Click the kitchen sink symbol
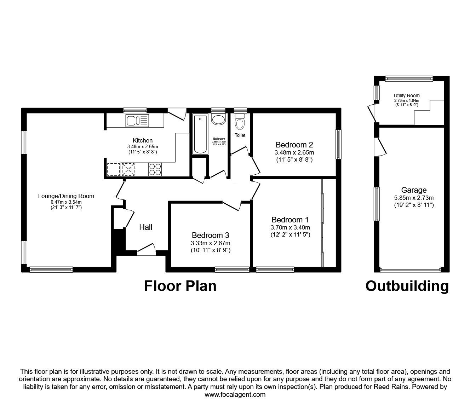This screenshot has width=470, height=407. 137,121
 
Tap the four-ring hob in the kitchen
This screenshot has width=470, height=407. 155,169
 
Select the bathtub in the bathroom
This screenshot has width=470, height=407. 200,134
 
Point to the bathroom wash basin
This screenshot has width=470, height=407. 218,119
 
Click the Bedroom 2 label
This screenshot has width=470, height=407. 294,145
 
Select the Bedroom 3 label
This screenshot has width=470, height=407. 210,235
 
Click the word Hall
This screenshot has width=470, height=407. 145,227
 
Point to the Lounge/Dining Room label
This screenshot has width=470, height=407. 66,196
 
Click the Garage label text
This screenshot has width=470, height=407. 414,190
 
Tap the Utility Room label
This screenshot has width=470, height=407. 407,95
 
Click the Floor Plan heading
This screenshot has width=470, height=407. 180,286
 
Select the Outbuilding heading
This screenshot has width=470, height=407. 407,286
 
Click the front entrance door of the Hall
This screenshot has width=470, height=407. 146,250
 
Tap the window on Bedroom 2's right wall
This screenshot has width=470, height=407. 339,144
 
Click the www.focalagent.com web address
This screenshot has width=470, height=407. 235,395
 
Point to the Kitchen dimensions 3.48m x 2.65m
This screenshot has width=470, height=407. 143,146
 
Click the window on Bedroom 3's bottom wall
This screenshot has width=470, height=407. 232,269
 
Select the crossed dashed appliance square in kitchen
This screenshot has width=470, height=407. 128,169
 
